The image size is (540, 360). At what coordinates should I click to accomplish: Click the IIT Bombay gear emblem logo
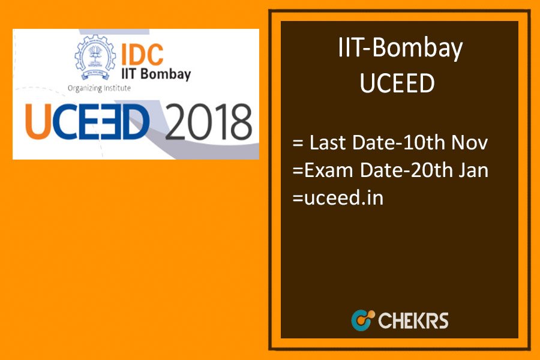pos(95,57)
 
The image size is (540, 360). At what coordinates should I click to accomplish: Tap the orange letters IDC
pos(142,55)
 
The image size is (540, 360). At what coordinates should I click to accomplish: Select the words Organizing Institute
pos(99,88)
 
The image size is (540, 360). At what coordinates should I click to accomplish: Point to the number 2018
pos(209,122)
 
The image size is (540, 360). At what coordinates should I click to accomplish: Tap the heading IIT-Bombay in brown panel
pos(401,49)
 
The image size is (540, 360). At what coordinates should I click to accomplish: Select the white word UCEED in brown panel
pos(397,83)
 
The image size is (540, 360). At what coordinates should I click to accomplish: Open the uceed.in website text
pos(344,198)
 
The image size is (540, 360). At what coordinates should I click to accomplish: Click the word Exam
pos(329,170)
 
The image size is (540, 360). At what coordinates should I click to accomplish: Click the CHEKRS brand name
pos(413,320)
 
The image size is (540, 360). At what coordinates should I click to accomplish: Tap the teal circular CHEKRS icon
pos(363,320)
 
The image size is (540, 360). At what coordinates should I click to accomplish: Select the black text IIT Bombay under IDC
pos(156,74)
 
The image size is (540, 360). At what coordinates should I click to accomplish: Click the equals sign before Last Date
pos(298,143)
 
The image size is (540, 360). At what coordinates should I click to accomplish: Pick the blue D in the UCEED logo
pos(135,122)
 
